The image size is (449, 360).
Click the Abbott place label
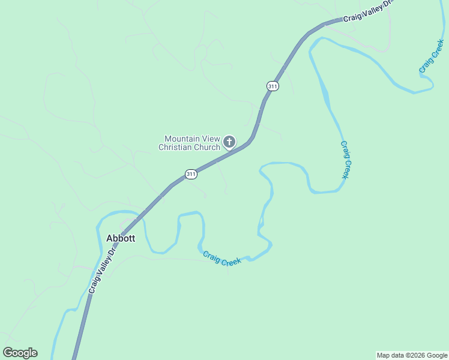pyautogui.click(x=121, y=238)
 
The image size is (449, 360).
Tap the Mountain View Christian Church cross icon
pyautogui.click(x=229, y=142)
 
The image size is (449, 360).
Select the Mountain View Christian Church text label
pyautogui.click(x=189, y=143)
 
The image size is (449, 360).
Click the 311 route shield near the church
pyautogui.click(x=191, y=175)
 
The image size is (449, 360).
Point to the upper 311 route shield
pyautogui.click(x=273, y=86)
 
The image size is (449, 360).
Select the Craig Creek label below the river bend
pyautogui.click(x=221, y=259)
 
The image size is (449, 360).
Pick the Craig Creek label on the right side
pyautogui.click(x=345, y=160)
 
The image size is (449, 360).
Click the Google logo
pyautogui.click(x=20, y=353)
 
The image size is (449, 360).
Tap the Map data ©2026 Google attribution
pyautogui.click(x=412, y=355)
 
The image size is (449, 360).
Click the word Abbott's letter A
pyautogui.click(x=110, y=238)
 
